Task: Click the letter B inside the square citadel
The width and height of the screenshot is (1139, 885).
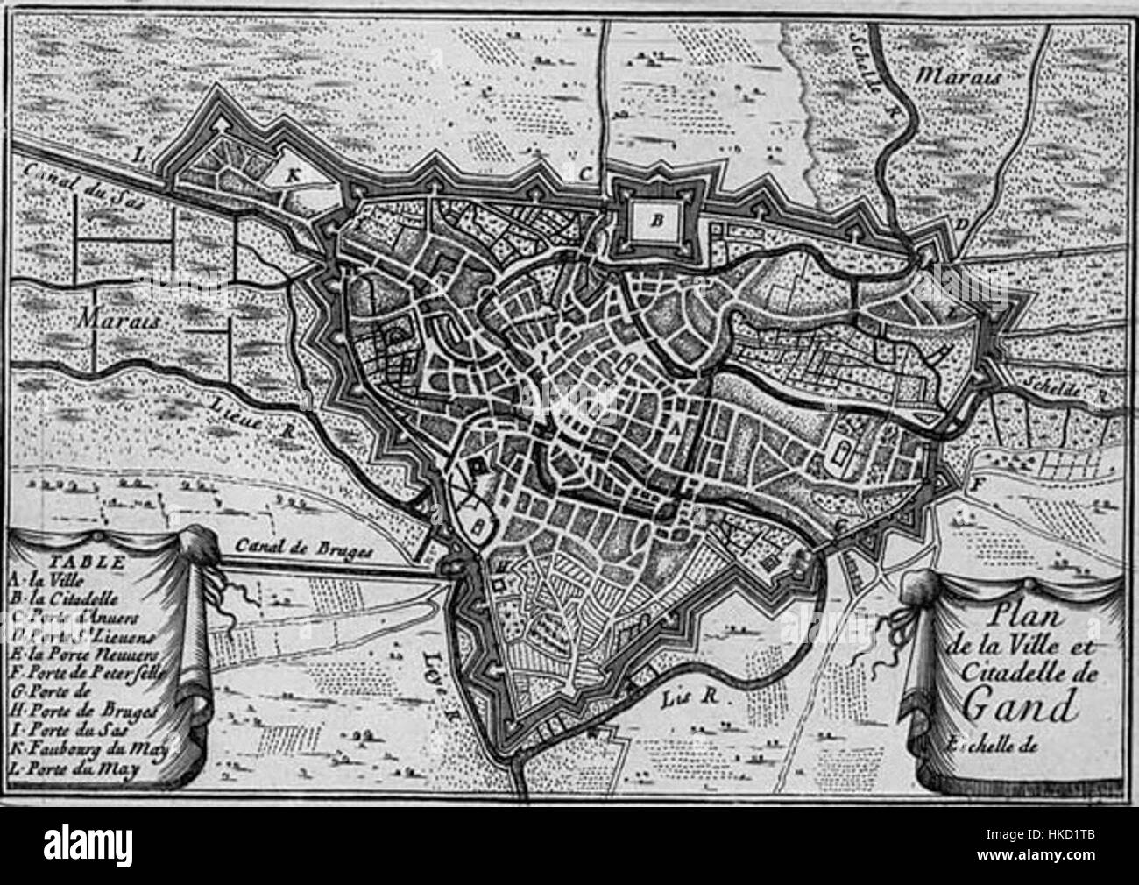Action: (x=654, y=221)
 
